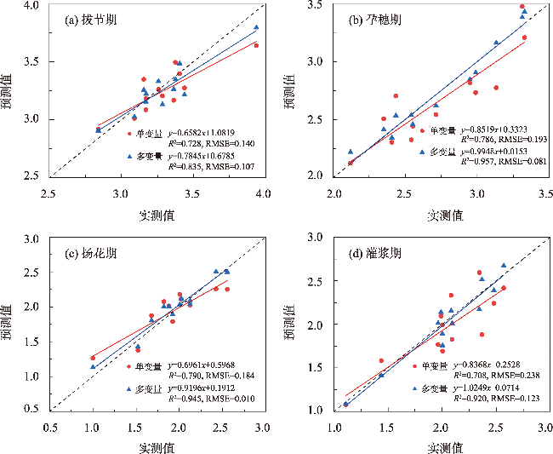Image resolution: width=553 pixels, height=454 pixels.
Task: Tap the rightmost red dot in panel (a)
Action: point(256,45)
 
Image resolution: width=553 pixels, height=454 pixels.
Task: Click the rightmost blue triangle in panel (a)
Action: point(256,27)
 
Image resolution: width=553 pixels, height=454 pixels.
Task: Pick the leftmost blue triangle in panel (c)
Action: point(93,366)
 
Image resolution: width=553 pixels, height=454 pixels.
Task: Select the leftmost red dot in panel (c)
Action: point(93,358)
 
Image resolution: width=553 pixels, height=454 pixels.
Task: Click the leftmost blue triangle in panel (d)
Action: point(346,405)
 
